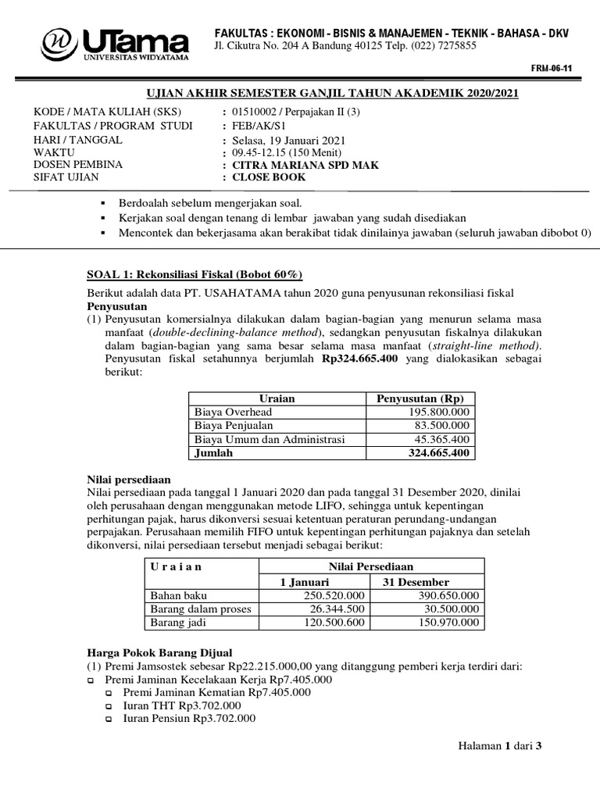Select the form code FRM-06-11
(x=552, y=69)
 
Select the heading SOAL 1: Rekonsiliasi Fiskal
(x=193, y=274)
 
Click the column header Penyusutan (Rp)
(x=420, y=398)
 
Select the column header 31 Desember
(x=416, y=582)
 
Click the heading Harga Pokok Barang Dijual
(x=159, y=652)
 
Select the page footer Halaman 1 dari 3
(x=499, y=746)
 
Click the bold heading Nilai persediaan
(x=128, y=479)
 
